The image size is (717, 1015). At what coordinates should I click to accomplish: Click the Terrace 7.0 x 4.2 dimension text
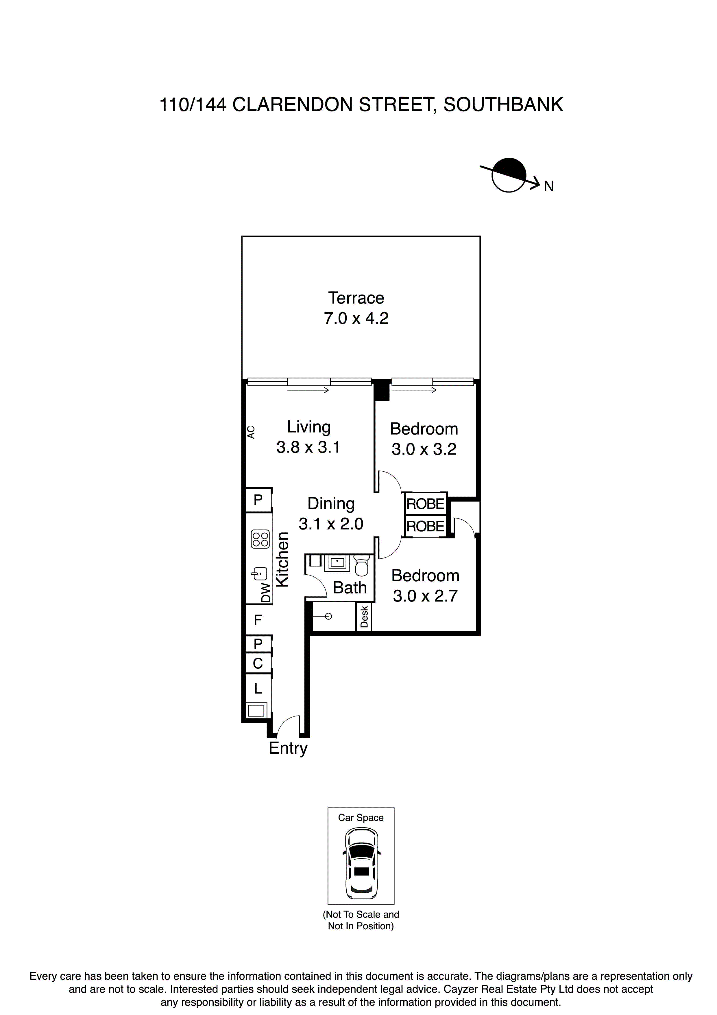(x=356, y=318)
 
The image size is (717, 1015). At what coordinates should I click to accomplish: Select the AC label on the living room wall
(x=251, y=432)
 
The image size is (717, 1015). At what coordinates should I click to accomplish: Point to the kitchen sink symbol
(x=260, y=574)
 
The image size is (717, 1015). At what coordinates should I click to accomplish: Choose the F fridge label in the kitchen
(x=258, y=620)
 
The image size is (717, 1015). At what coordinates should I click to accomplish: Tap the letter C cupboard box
(x=258, y=663)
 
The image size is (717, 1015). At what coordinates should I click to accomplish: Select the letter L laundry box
(x=258, y=688)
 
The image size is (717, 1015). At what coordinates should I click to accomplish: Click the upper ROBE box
(x=425, y=503)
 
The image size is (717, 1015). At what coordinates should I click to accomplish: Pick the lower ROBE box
(x=425, y=526)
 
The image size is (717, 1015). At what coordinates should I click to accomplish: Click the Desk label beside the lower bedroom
(x=364, y=617)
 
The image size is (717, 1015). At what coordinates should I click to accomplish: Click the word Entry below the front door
(x=288, y=748)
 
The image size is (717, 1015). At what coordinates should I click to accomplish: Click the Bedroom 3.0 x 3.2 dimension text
(x=424, y=450)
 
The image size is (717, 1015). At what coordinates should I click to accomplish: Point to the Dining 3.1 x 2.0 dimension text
(x=331, y=524)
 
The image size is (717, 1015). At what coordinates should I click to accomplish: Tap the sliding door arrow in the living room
(x=308, y=390)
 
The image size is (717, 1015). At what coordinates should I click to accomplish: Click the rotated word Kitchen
(x=282, y=559)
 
